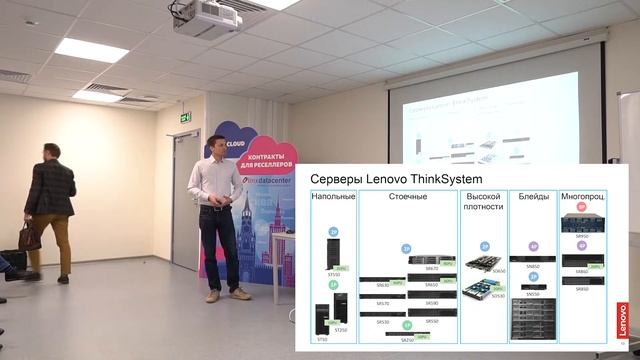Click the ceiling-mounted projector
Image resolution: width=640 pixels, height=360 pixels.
coord(206,17)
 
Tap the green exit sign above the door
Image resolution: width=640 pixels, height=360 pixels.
coord(185,117)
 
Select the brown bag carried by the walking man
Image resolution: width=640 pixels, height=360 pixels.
coord(30,237)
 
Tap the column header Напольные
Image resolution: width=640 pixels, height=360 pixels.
coord(333,197)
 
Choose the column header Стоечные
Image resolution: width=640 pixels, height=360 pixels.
coord(407,197)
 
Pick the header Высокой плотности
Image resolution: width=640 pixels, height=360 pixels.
coord(483,202)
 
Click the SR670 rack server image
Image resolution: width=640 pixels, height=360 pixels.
coord(431,259)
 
